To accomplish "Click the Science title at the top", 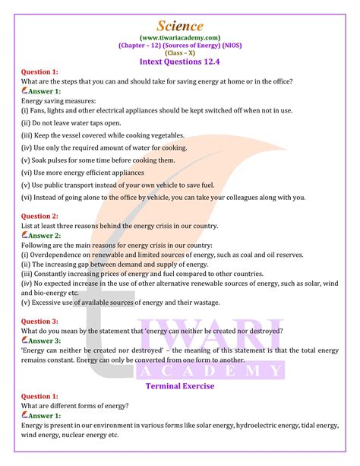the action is (179, 26).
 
